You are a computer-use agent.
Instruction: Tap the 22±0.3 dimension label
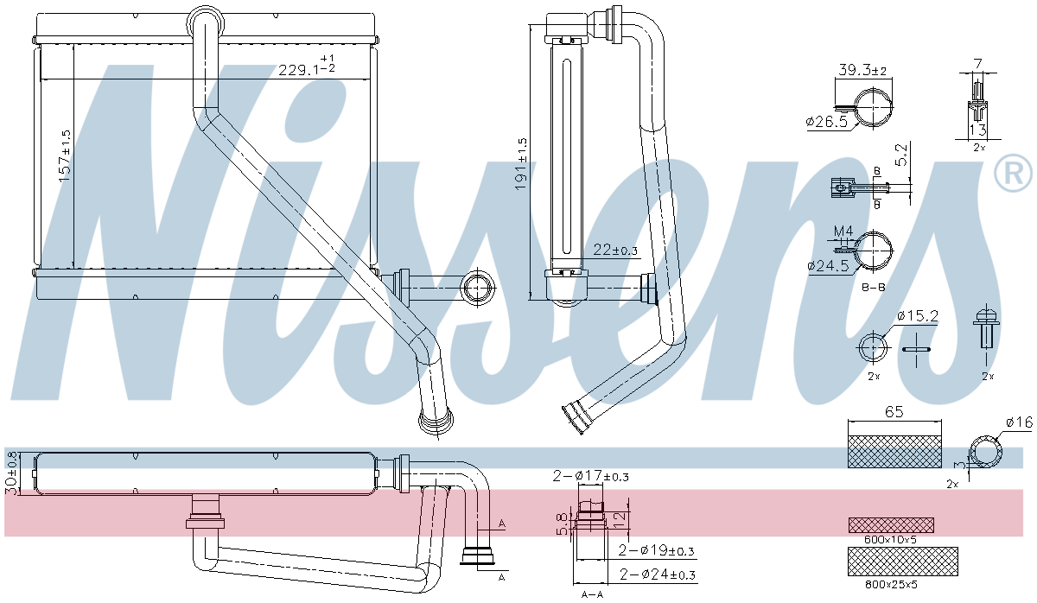point(615,251)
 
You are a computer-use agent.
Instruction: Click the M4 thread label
point(843,231)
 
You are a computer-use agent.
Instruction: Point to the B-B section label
point(875,286)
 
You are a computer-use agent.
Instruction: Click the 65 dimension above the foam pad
point(894,413)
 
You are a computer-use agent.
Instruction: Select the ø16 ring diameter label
point(1019,422)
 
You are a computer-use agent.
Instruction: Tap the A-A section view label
point(592,594)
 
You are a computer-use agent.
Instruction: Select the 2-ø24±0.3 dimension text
point(658,574)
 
